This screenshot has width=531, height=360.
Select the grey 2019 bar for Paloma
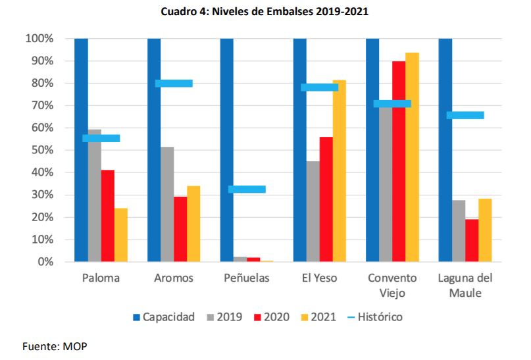[x=95, y=197]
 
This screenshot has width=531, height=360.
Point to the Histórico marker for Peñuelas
[x=247, y=190]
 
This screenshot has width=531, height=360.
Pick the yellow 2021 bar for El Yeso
[x=340, y=171]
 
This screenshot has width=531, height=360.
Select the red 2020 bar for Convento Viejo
[x=398, y=161]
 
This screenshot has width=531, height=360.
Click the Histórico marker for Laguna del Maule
[x=465, y=115]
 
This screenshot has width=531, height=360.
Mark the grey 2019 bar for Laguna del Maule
[x=459, y=231]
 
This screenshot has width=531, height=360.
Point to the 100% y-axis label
[x=39, y=39]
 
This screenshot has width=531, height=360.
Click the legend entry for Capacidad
[x=163, y=317]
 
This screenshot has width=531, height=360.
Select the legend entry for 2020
[x=272, y=317]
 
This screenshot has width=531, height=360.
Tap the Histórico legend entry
[x=373, y=317]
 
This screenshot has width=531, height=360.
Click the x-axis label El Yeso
[x=320, y=278]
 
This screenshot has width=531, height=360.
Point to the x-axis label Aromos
[x=174, y=278]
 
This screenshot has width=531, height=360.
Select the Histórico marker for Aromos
[x=174, y=84]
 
